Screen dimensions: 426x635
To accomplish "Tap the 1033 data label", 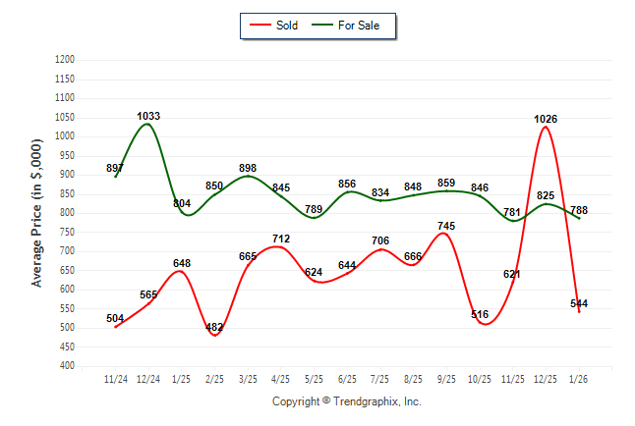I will (148, 116).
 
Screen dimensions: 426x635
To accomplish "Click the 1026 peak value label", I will (546, 119).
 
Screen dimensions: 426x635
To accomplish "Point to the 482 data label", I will (214, 328).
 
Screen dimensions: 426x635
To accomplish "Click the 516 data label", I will (480, 315).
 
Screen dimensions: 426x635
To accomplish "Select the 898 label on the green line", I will (248, 169).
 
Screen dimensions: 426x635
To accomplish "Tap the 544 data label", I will (579, 303).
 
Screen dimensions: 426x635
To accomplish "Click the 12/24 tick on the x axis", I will (148, 378).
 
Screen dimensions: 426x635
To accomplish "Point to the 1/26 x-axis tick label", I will (579, 378).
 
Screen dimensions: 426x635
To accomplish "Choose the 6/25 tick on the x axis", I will (347, 378).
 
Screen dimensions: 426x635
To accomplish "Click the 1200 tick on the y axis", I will (65, 60).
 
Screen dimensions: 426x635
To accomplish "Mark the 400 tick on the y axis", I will (68, 366).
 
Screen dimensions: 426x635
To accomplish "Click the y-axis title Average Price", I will (37, 212).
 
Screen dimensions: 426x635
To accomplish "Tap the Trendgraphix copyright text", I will (346, 402).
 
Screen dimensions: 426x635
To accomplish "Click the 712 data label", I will (281, 239).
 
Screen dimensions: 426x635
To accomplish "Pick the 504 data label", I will (115, 318).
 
